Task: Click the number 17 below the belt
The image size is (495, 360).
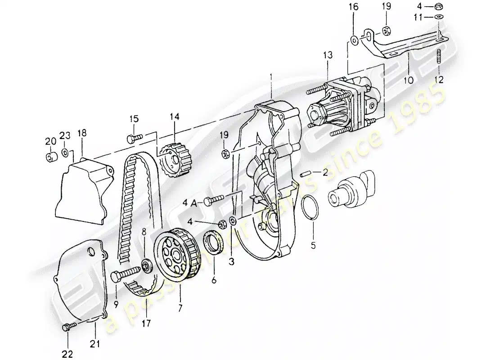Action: tap(145, 324)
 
